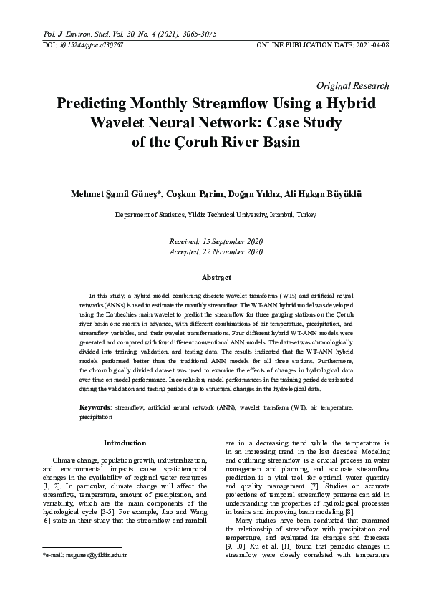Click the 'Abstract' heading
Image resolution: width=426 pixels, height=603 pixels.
tap(216, 277)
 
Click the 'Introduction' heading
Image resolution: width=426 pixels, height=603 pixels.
tap(125, 443)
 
